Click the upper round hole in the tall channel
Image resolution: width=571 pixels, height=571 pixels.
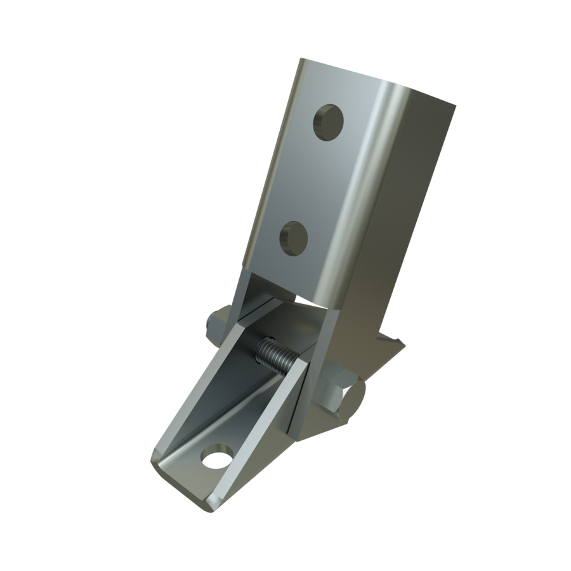(329, 121)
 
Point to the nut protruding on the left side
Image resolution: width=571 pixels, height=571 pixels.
(222, 320)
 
